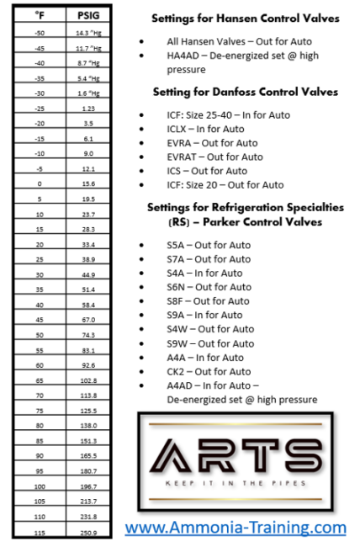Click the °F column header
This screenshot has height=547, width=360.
[x=40, y=15]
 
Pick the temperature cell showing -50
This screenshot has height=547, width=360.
[x=40, y=31]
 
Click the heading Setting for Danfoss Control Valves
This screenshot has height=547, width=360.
[x=246, y=92]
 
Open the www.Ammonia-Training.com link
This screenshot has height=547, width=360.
[x=236, y=528]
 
